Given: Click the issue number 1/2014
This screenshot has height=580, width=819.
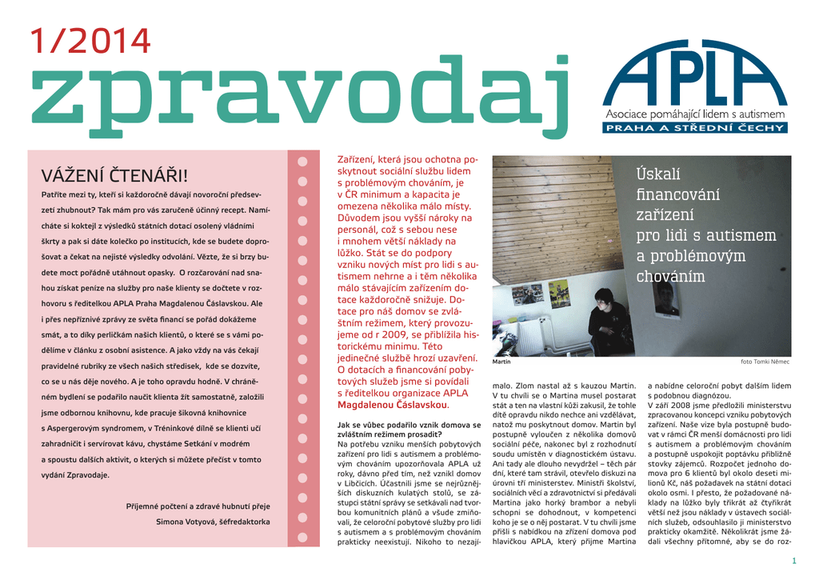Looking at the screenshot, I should coord(90,42).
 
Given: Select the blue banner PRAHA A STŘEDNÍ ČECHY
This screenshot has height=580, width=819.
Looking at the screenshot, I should coord(696,128).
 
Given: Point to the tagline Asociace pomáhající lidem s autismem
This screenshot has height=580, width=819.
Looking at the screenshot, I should coord(695,114).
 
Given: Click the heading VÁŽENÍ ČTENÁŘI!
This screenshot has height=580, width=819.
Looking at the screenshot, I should coord(114,175).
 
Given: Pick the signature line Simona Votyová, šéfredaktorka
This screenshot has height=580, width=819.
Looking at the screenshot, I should coord(213,522).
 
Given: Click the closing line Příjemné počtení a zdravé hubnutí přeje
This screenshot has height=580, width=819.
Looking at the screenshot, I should coord(198,506).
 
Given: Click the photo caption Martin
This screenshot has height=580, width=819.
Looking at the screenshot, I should coord(501,362).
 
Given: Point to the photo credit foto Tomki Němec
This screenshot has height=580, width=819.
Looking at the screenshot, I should coord(765,362).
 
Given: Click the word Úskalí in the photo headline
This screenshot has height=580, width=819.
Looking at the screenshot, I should coord(657,174).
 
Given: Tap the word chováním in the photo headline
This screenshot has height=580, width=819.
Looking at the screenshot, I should coord(670,277).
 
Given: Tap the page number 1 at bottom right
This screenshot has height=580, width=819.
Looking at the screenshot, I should coord(793,559).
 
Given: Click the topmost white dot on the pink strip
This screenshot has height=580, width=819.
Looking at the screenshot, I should coord(302,161).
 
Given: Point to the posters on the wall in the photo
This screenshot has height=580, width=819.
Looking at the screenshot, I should coord(541,294).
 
